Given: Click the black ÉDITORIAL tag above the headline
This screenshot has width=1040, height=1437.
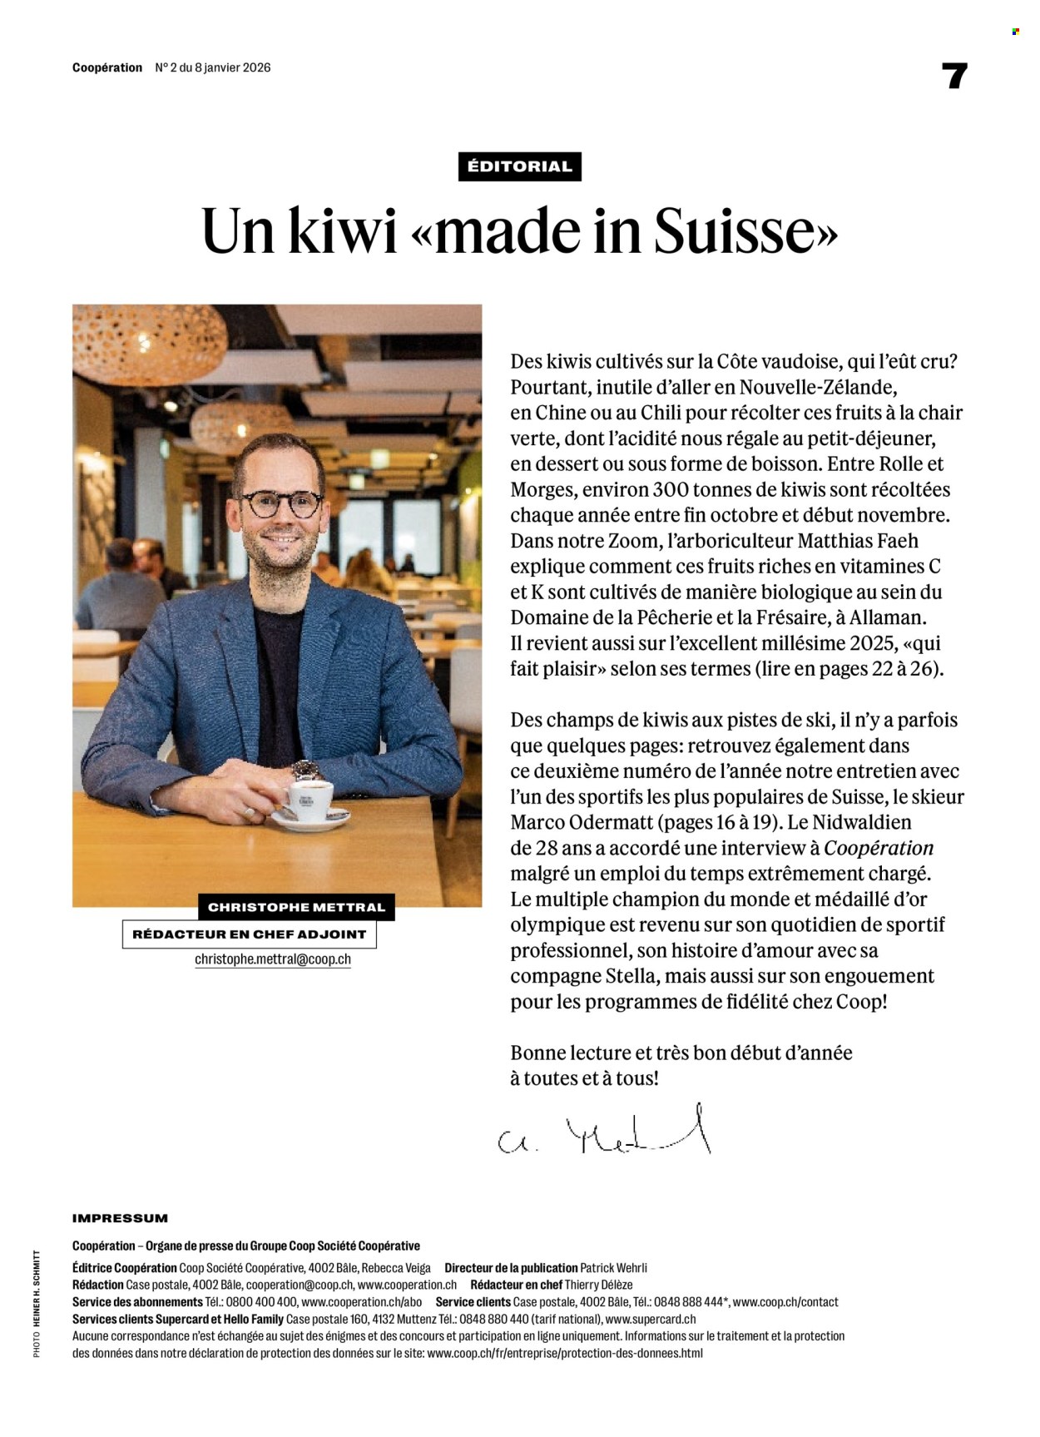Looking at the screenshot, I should [x=519, y=166].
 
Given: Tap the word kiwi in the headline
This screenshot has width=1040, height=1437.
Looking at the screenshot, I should [x=343, y=231].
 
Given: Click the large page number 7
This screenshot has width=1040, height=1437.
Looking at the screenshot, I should [x=954, y=77].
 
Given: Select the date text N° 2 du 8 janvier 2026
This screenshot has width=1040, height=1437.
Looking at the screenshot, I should [x=213, y=67].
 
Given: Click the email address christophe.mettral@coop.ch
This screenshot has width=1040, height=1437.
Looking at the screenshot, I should [x=273, y=959].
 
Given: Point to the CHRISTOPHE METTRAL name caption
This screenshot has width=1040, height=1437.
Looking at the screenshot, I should [x=296, y=907].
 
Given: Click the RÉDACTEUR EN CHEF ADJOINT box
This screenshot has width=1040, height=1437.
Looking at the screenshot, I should [x=250, y=934].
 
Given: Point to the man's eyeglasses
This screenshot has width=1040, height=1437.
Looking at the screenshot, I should [x=280, y=504].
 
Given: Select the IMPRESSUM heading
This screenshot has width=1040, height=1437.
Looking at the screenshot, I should [x=120, y=1218].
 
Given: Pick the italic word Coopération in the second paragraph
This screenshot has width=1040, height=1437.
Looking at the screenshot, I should [x=879, y=848].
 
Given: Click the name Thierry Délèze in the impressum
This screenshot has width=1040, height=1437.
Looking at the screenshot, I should [x=599, y=1285].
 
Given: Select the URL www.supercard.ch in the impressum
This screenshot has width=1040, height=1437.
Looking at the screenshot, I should [x=651, y=1319].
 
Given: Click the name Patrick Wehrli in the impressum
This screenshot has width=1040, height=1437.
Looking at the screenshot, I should [x=613, y=1268].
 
